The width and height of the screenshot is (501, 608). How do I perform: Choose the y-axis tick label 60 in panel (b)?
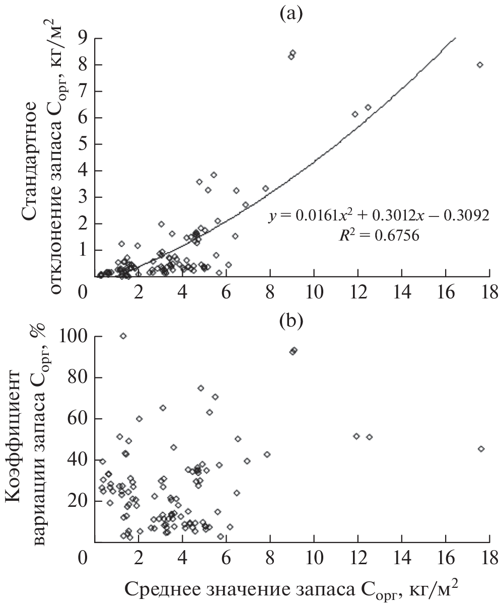tap(75, 419)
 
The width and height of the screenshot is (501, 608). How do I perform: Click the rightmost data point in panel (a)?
tap(480, 65)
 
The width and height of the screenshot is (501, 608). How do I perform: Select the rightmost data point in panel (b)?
tap(481, 449)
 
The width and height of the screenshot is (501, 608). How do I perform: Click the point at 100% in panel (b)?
tap(123, 336)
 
